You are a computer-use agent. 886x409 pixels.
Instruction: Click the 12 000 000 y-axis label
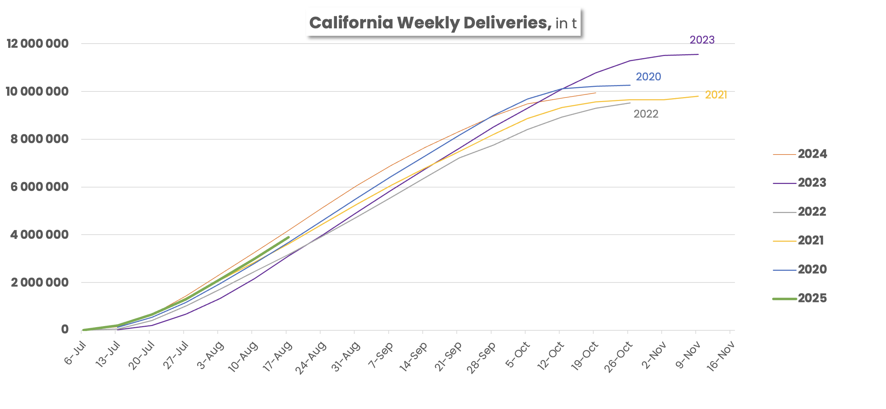tap(38, 44)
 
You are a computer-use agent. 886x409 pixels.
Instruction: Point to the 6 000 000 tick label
tap(39, 187)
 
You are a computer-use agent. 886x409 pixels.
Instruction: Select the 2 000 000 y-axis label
tap(39, 283)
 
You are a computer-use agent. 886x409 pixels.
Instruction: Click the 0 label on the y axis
tap(65, 330)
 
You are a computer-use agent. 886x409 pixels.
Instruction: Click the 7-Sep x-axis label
tap(381, 355)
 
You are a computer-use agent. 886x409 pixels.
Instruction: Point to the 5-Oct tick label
tap(518, 354)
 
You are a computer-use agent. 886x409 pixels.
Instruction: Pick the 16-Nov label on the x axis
tap(721, 356)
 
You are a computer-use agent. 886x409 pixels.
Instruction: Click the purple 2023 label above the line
tap(702, 40)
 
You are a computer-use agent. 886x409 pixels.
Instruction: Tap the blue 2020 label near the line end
tap(648, 77)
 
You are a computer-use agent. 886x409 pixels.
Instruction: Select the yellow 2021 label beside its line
tap(716, 95)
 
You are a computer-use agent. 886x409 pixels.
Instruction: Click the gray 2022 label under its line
tap(646, 114)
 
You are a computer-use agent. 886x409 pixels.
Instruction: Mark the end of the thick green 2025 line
tap(288, 237)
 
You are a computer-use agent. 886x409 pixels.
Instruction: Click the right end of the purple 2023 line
tap(698, 55)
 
